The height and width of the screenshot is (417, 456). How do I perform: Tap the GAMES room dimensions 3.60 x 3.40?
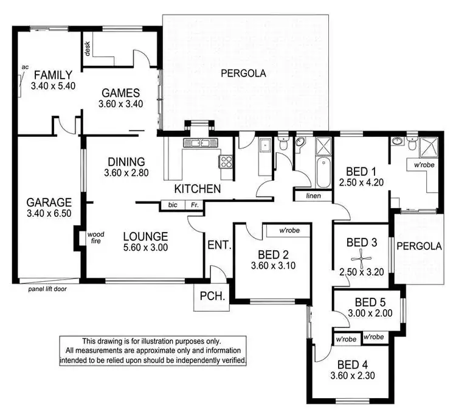(120, 104)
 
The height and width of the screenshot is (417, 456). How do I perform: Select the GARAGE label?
(49, 202)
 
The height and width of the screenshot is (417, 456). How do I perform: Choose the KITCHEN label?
(198, 189)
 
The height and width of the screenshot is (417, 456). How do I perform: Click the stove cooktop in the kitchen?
(226, 162)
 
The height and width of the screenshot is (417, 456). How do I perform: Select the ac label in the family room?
(25, 67)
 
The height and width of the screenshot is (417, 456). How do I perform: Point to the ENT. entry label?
(219, 246)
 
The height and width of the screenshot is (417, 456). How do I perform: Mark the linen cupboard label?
(313, 195)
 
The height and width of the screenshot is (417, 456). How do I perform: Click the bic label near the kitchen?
(173, 206)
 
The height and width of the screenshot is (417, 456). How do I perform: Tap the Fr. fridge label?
(194, 206)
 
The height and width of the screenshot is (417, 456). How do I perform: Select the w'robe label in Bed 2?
(291, 231)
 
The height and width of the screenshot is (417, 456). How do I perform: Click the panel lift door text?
(47, 289)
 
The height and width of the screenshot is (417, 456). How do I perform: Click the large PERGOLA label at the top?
(243, 74)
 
